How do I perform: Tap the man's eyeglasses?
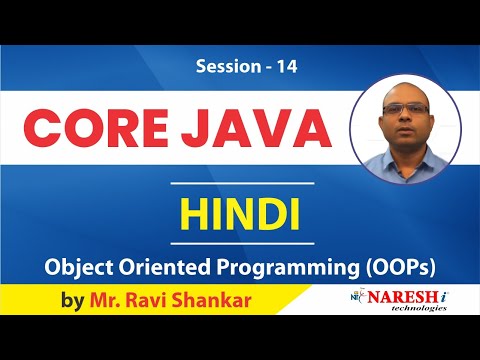pyautogui.click(x=407, y=108)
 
